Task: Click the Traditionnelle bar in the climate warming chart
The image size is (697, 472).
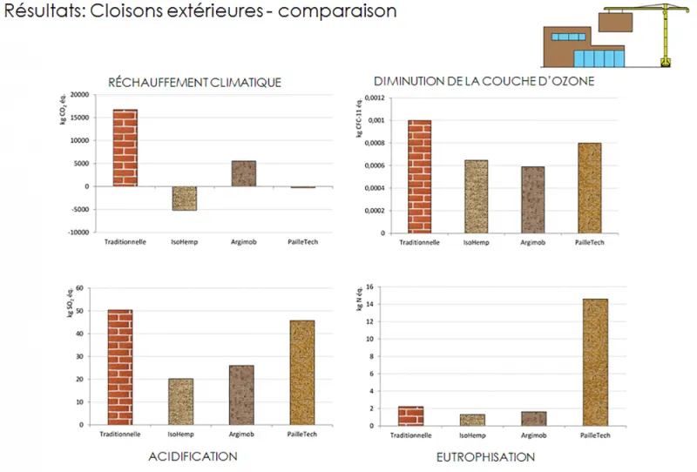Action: pos(125,147)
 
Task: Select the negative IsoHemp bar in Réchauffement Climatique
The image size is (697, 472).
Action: pos(184,199)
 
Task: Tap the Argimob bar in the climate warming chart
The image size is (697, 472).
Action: pos(243,173)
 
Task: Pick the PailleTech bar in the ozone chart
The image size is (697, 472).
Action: pos(589,188)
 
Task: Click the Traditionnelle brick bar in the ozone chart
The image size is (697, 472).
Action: pos(420,177)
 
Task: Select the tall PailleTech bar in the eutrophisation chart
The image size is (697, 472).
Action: pos(595,362)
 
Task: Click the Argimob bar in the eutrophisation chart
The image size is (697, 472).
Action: pos(535,419)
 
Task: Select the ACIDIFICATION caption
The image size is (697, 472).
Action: pos(193,456)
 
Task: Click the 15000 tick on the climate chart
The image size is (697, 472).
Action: pos(79,118)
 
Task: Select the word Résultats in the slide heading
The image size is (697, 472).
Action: pos(38,11)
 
